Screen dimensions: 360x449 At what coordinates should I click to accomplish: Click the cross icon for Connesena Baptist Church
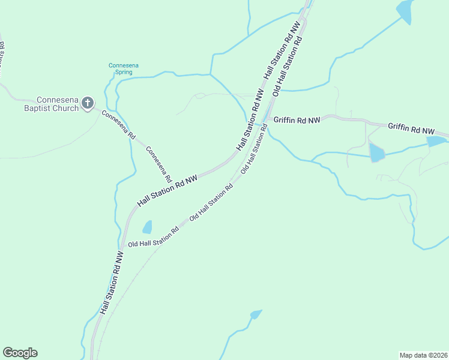click(x=88, y=103)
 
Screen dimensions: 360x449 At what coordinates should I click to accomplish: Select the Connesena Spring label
click(x=119, y=68)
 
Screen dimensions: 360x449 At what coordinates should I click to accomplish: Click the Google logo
click(x=20, y=352)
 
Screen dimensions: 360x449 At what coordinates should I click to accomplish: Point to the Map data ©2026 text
click(x=423, y=355)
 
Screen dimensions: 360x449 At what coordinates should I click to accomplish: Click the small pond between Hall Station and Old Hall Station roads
click(x=146, y=227)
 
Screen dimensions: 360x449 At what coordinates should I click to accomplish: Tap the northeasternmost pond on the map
click(x=404, y=11)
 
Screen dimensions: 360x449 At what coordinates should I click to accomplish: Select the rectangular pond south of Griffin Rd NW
click(x=376, y=152)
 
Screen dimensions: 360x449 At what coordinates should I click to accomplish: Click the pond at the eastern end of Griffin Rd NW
click(x=436, y=142)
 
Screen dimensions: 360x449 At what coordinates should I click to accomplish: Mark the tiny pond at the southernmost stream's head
click(x=256, y=314)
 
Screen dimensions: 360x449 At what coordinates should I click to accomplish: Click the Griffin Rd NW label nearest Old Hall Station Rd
click(x=297, y=119)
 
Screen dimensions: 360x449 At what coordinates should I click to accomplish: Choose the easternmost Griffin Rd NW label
click(x=411, y=128)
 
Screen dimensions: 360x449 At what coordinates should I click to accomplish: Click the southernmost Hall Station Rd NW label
click(x=112, y=283)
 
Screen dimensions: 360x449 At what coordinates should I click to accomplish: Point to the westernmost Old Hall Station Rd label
click(x=154, y=238)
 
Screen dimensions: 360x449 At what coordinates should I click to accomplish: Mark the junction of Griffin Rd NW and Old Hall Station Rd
click(x=268, y=119)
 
